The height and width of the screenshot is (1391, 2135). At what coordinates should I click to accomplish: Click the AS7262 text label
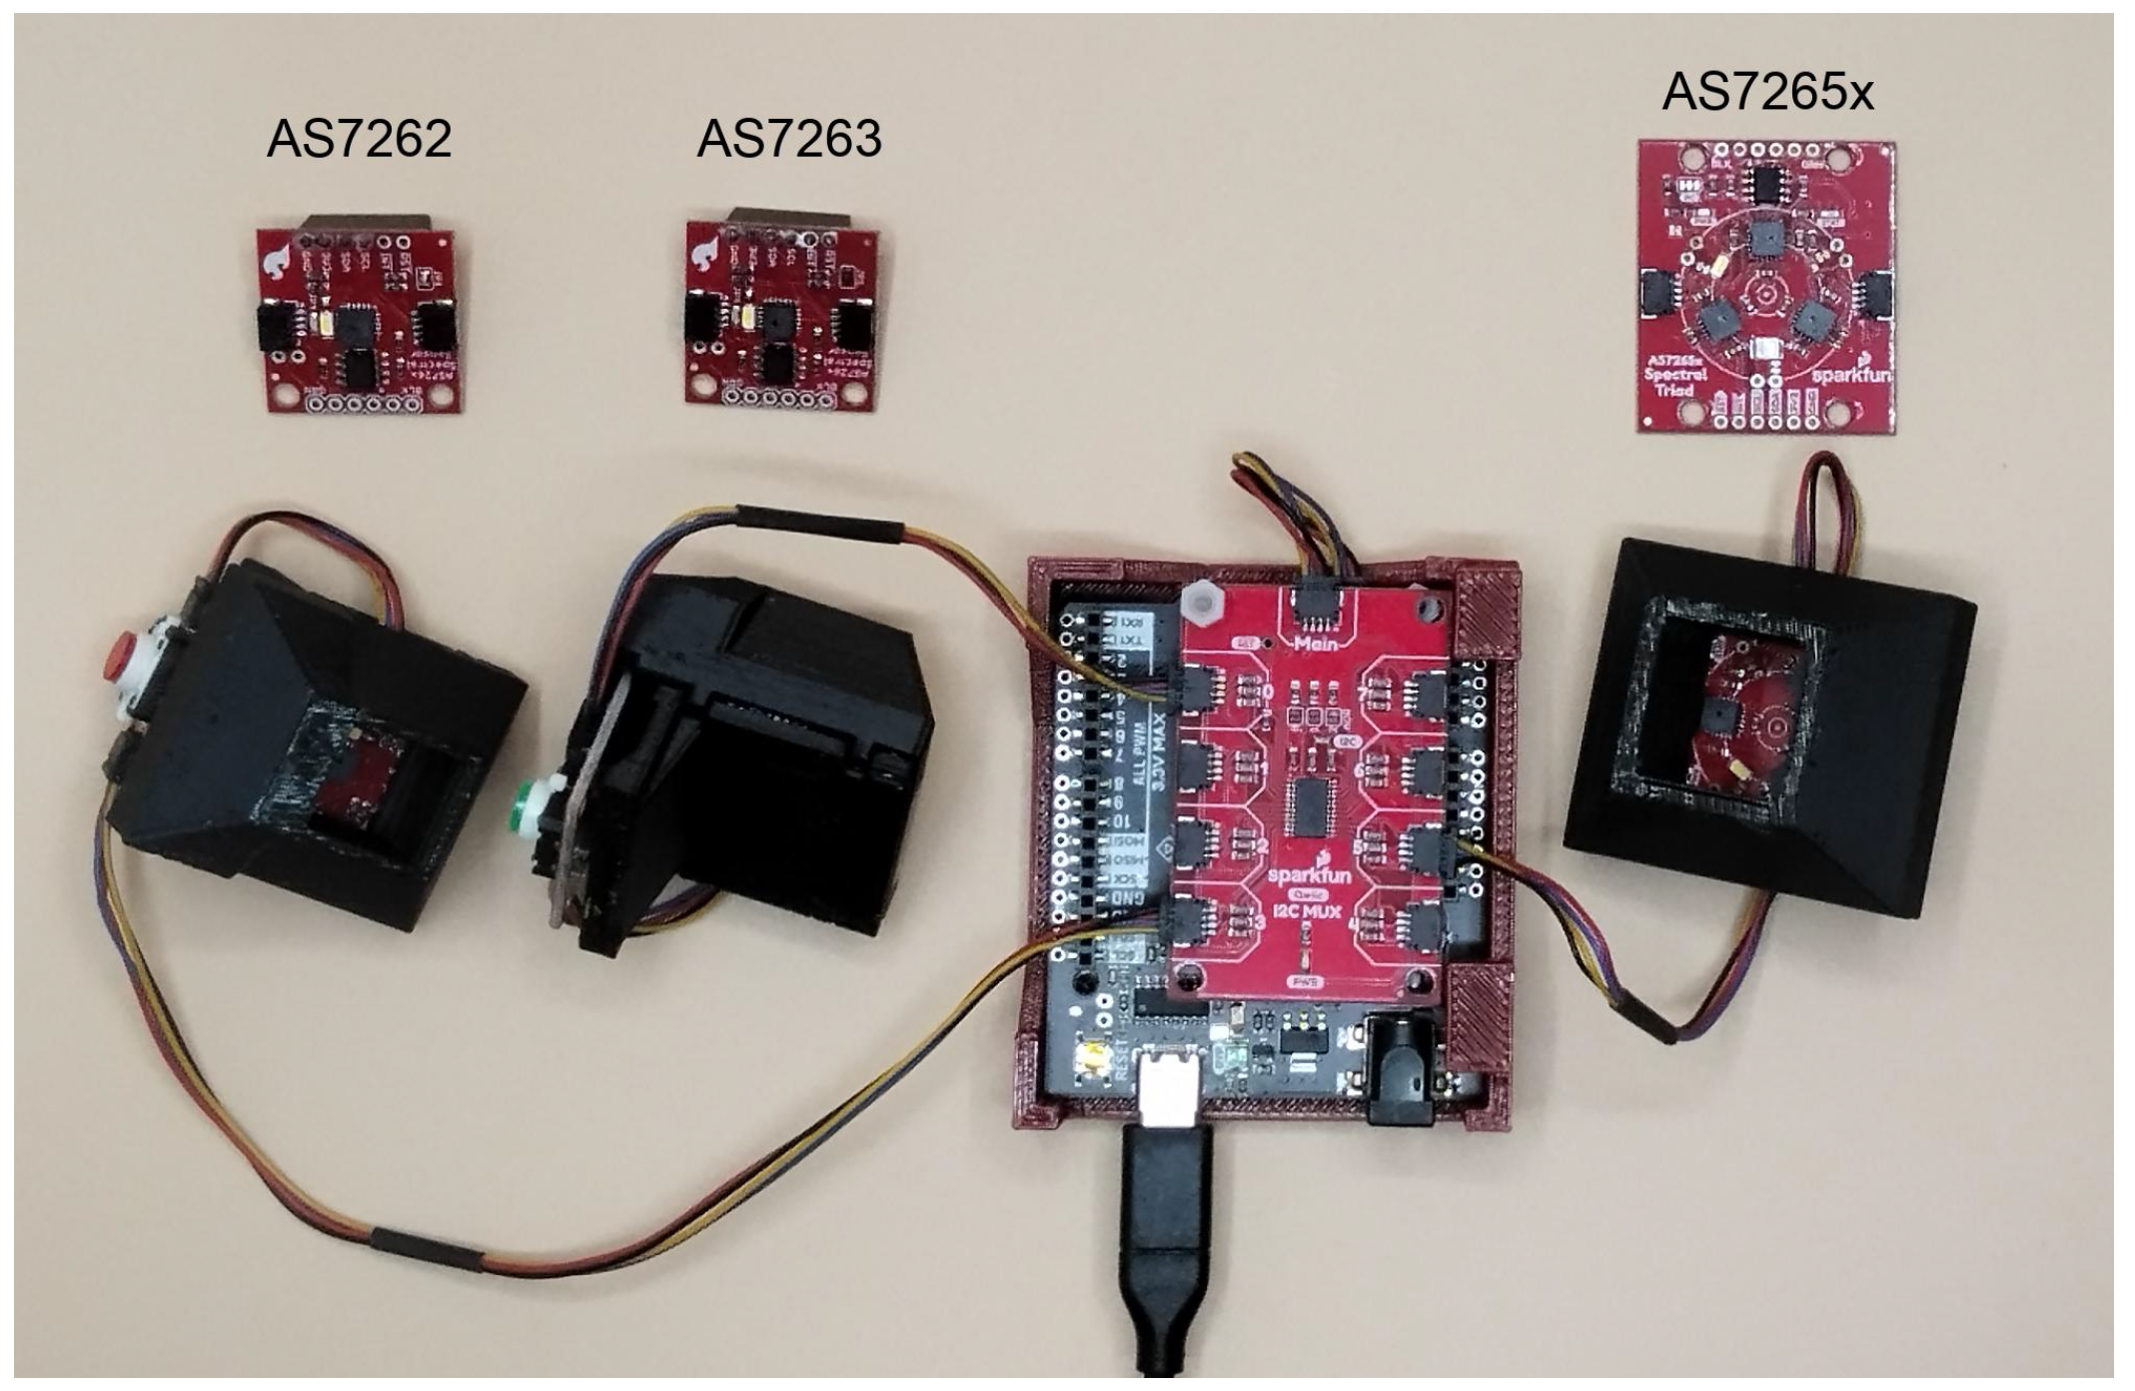[359, 139]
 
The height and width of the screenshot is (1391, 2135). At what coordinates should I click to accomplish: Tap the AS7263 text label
[789, 139]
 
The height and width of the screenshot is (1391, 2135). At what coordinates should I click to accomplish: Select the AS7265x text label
[1767, 93]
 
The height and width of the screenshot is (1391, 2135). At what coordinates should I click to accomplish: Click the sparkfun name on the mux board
[1310, 875]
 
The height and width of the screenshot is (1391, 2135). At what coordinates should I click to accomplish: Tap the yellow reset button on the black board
[1093, 1058]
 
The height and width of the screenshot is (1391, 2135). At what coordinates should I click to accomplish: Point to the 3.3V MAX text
[1159, 744]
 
